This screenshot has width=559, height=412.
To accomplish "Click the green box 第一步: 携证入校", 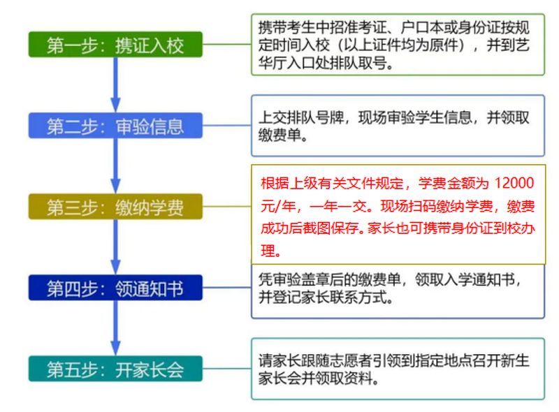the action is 115,45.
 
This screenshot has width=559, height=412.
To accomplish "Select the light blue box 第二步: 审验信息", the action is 115,126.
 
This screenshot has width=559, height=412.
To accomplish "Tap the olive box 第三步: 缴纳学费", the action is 115,207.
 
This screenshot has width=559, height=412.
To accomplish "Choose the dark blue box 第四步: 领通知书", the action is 115,288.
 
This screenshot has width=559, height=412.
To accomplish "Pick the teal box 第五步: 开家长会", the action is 115,369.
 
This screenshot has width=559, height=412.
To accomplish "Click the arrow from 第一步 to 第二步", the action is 115,84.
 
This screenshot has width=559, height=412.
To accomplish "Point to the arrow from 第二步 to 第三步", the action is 115,166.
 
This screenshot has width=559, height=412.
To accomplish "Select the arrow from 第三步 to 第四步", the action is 115,247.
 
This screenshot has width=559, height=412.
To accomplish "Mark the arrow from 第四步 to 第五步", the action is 115,328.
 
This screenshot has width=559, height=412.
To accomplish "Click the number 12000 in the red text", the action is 514,183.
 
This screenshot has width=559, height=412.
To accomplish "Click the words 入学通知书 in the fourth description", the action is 479,280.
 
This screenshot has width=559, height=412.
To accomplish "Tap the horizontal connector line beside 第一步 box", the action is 226,45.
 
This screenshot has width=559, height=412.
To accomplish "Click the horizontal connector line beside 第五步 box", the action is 226,369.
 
